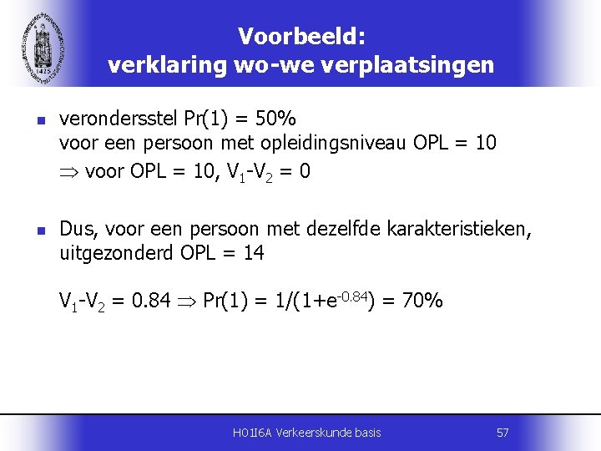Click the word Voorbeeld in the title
click(299, 36)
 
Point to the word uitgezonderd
click(116, 252)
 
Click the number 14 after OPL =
click(253, 252)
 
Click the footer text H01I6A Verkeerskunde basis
click(307, 432)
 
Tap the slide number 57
click(503, 432)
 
